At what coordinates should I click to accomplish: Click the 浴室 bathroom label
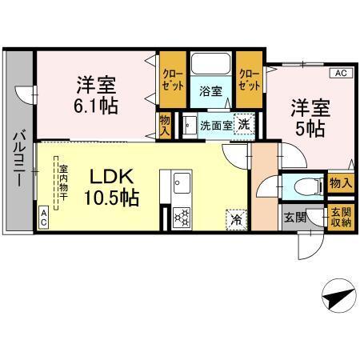210,92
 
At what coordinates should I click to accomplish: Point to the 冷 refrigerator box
236,215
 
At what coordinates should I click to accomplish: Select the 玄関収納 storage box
340,217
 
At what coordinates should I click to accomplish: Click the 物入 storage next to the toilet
340,184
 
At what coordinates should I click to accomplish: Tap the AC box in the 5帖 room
340,74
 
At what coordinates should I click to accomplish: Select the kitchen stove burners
180,216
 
